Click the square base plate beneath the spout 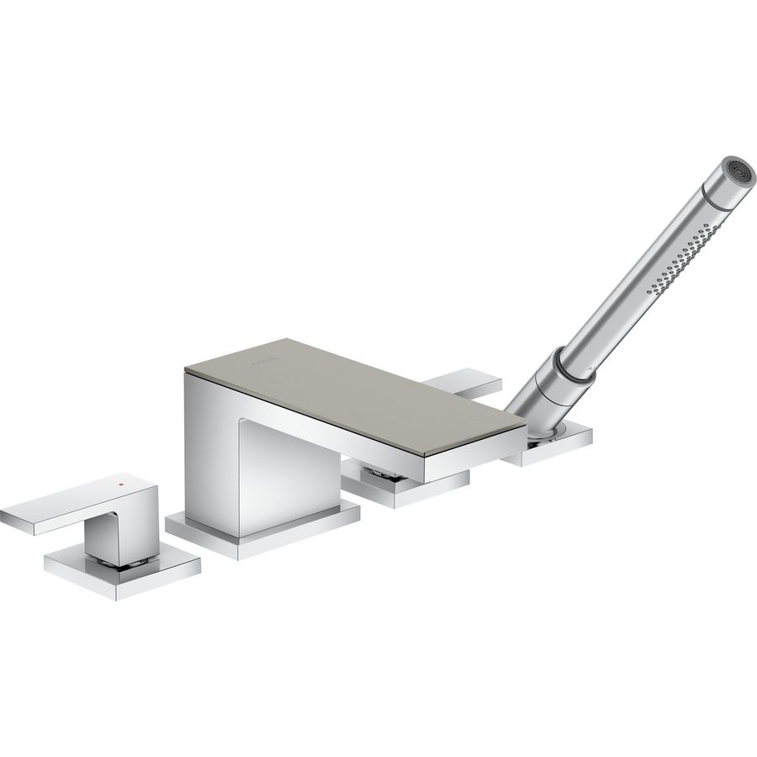pos(261,530)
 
